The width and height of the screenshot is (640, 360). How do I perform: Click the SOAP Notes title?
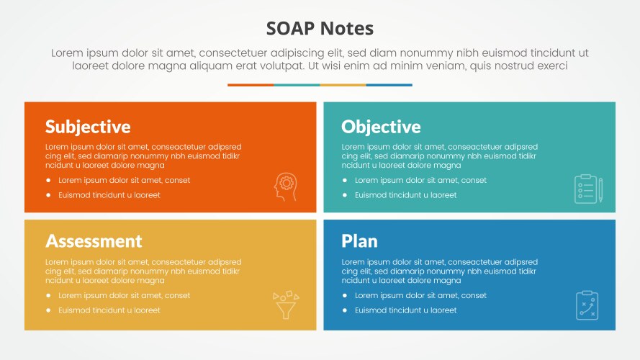[x=320, y=28]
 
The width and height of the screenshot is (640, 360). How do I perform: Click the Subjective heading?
[x=88, y=127]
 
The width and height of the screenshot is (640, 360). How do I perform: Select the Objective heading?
[x=381, y=127]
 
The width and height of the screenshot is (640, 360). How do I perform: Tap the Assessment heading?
[x=94, y=240]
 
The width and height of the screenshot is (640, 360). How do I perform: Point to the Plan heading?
[x=359, y=240]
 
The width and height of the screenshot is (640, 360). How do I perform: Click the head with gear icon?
[x=285, y=186]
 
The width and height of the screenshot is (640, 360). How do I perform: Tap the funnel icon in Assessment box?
[x=285, y=305]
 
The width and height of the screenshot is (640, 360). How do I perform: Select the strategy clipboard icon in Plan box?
[x=587, y=305]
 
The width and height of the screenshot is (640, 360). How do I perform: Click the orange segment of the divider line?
[x=251, y=85]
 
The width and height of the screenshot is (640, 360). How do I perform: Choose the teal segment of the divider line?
[x=297, y=85]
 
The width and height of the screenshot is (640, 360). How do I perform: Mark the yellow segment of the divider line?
[x=343, y=85]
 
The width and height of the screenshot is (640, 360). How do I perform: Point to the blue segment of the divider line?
[x=389, y=85]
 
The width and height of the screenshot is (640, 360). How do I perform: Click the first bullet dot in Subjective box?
[x=48, y=181]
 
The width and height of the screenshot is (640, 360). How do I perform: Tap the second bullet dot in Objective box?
[x=345, y=195]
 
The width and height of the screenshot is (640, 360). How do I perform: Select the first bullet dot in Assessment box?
[x=48, y=296]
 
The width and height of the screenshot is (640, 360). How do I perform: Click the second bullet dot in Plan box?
[x=345, y=310]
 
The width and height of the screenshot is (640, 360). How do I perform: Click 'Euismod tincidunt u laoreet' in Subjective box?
[x=109, y=195]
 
